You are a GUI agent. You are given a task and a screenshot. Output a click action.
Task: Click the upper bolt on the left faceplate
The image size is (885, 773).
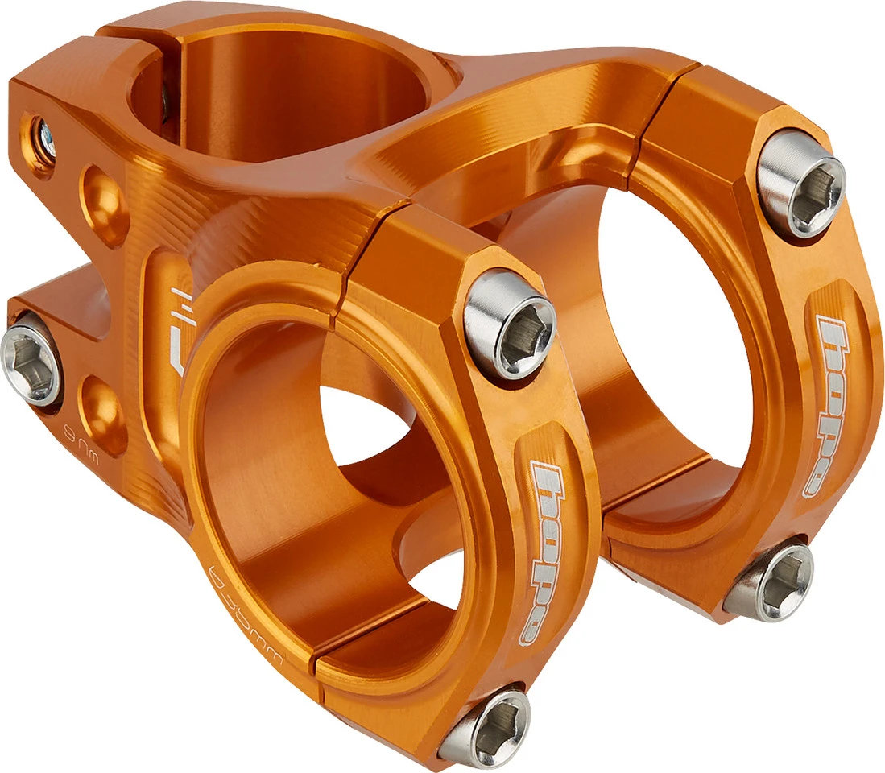tap(511, 323)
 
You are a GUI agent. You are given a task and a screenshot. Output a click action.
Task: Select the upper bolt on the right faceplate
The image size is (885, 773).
tap(802, 184)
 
